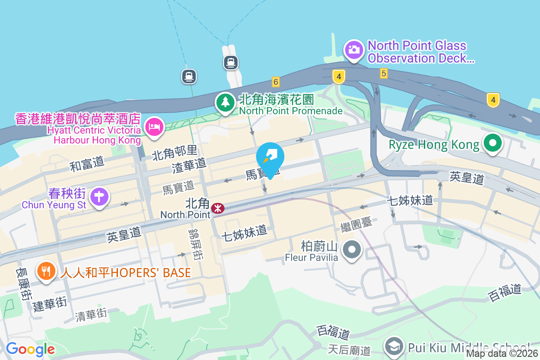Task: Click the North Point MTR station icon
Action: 218,208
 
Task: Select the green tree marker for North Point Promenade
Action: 225,102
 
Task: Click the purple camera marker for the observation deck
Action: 354,49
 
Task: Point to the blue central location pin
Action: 270,157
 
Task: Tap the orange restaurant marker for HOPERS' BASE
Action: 46,271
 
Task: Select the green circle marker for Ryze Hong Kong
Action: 493,144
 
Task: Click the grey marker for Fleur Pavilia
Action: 352,249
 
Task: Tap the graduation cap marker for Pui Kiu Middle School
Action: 394,346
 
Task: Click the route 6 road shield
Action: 276,81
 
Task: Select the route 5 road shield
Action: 383,73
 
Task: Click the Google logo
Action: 30,349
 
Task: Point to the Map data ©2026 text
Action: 501,354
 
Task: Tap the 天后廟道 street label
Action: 349,350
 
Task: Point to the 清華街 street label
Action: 91,314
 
